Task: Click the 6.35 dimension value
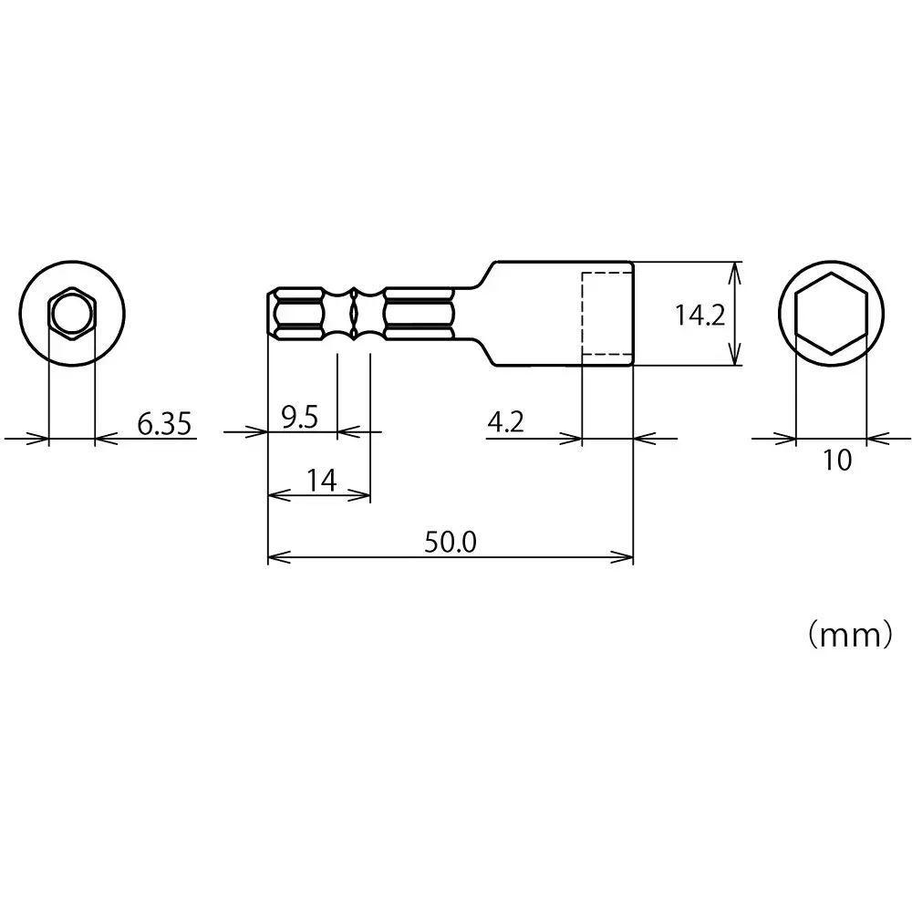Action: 166,423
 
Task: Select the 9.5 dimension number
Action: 299,418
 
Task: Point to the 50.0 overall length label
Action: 450,542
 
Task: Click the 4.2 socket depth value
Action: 506,422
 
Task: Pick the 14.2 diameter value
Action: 700,316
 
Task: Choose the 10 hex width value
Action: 836,461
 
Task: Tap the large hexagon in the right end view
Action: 830,314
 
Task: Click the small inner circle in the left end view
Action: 70,315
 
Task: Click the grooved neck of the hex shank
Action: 354,314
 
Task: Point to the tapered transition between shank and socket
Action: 482,314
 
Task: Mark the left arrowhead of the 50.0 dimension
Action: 275,556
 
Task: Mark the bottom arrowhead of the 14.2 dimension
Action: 737,359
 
